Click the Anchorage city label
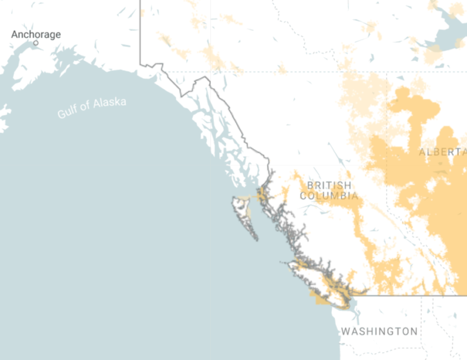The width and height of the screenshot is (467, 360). click(36, 34)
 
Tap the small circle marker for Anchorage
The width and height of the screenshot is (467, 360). click(36, 43)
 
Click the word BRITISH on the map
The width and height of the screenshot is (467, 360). click(329, 185)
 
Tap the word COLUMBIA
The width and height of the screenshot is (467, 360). click(329, 196)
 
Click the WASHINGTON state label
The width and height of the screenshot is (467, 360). click(379, 331)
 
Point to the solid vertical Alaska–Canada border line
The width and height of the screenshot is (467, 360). click(140, 36)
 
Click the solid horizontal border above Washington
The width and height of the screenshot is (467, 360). click(413, 296)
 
